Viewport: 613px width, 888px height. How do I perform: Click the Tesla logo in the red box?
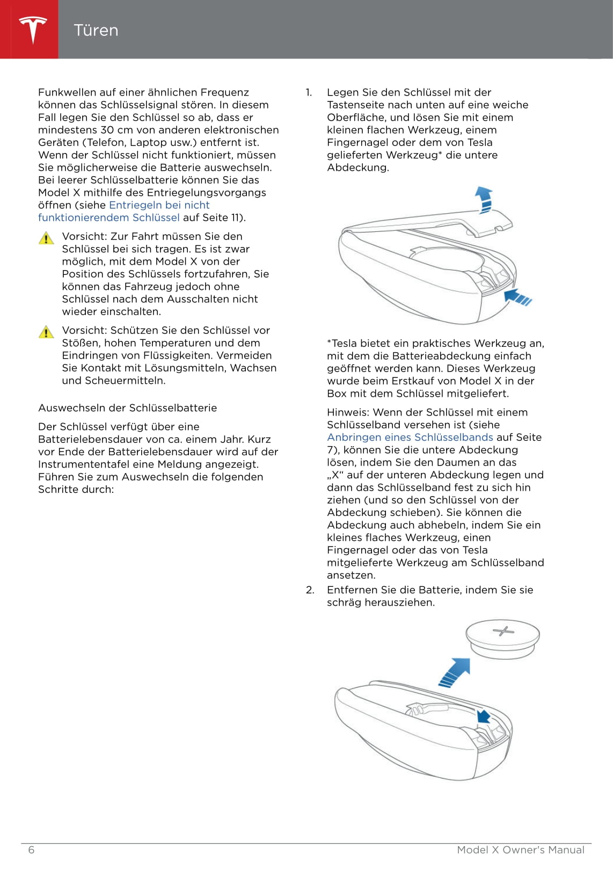point(33,30)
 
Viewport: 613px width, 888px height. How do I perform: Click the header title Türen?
point(96,30)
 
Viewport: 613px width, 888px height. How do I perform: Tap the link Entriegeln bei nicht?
point(159,205)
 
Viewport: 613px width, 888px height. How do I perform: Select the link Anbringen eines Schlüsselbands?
point(410,438)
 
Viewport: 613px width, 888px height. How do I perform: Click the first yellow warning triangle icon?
point(46,238)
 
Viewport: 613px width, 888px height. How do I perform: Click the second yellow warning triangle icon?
point(46,332)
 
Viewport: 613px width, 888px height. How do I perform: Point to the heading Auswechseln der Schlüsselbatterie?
point(127,408)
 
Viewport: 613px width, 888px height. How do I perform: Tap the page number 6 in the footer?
point(31,850)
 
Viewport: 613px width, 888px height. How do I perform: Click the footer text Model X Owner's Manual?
point(520,850)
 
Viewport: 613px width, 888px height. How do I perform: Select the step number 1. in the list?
point(309,92)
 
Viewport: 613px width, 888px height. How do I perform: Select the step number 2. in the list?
point(310,590)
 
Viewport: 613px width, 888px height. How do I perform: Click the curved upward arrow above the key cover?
point(484,199)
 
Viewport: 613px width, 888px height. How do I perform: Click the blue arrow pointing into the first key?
point(518,296)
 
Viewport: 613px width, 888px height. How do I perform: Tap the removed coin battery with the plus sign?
point(502,637)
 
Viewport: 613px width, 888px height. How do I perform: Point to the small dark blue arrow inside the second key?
point(484,716)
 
